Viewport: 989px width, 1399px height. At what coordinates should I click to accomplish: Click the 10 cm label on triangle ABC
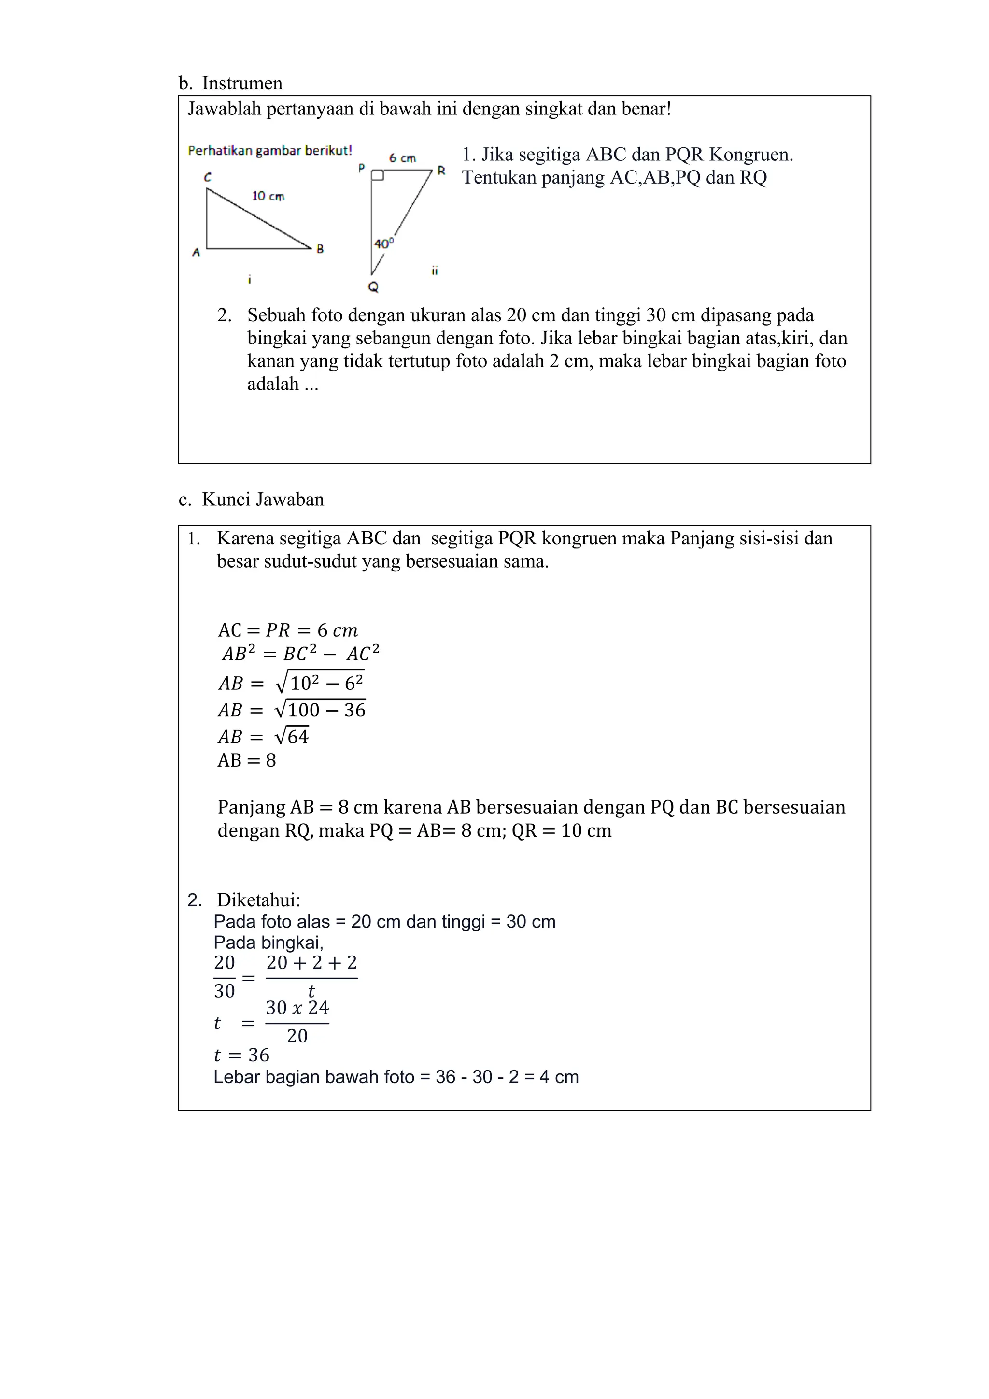[268, 196]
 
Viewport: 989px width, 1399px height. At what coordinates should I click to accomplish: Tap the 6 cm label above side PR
[403, 158]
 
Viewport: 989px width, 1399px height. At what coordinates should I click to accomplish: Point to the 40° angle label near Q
[383, 244]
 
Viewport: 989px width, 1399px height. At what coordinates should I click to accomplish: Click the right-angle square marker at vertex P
[378, 175]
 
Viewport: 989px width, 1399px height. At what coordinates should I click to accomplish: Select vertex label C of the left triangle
[208, 177]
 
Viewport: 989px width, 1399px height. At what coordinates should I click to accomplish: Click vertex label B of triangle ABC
[320, 249]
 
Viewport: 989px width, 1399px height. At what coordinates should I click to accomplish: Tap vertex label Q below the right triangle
[373, 287]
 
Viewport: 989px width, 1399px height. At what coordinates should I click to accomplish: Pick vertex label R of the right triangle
[441, 171]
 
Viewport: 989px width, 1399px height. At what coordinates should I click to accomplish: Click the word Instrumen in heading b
[242, 83]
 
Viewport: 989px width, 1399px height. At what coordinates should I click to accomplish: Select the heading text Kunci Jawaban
[263, 499]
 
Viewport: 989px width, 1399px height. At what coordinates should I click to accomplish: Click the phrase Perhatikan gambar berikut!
[270, 151]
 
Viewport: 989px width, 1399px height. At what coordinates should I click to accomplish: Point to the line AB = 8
[247, 760]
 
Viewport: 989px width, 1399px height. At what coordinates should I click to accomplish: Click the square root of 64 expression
[292, 736]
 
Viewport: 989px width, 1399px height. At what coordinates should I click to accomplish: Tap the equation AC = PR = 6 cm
[287, 630]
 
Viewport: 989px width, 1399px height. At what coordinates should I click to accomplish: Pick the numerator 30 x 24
[297, 1008]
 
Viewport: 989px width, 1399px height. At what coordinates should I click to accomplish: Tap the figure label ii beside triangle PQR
[435, 271]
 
